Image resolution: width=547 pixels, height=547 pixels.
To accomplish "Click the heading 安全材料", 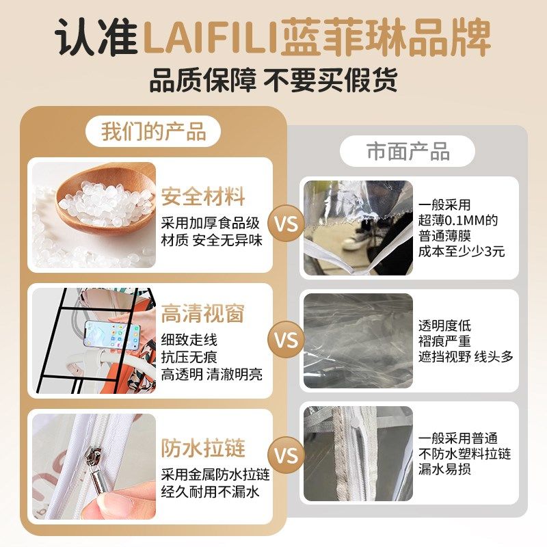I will (x=203, y=198).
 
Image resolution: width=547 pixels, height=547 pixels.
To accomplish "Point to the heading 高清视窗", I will (x=203, y=313).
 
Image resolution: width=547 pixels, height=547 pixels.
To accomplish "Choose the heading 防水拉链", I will (x=203, y=449).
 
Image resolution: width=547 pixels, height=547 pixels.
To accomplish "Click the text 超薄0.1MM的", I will (x=457, y=220).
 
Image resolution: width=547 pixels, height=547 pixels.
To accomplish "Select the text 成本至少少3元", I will (x=462, y=251).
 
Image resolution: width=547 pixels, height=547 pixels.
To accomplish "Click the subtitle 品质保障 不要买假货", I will (x=273, y=81).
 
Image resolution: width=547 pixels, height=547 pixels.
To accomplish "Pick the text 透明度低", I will (x=444, y=325).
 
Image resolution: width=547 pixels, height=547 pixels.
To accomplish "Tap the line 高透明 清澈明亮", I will (x=212, y=374).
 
